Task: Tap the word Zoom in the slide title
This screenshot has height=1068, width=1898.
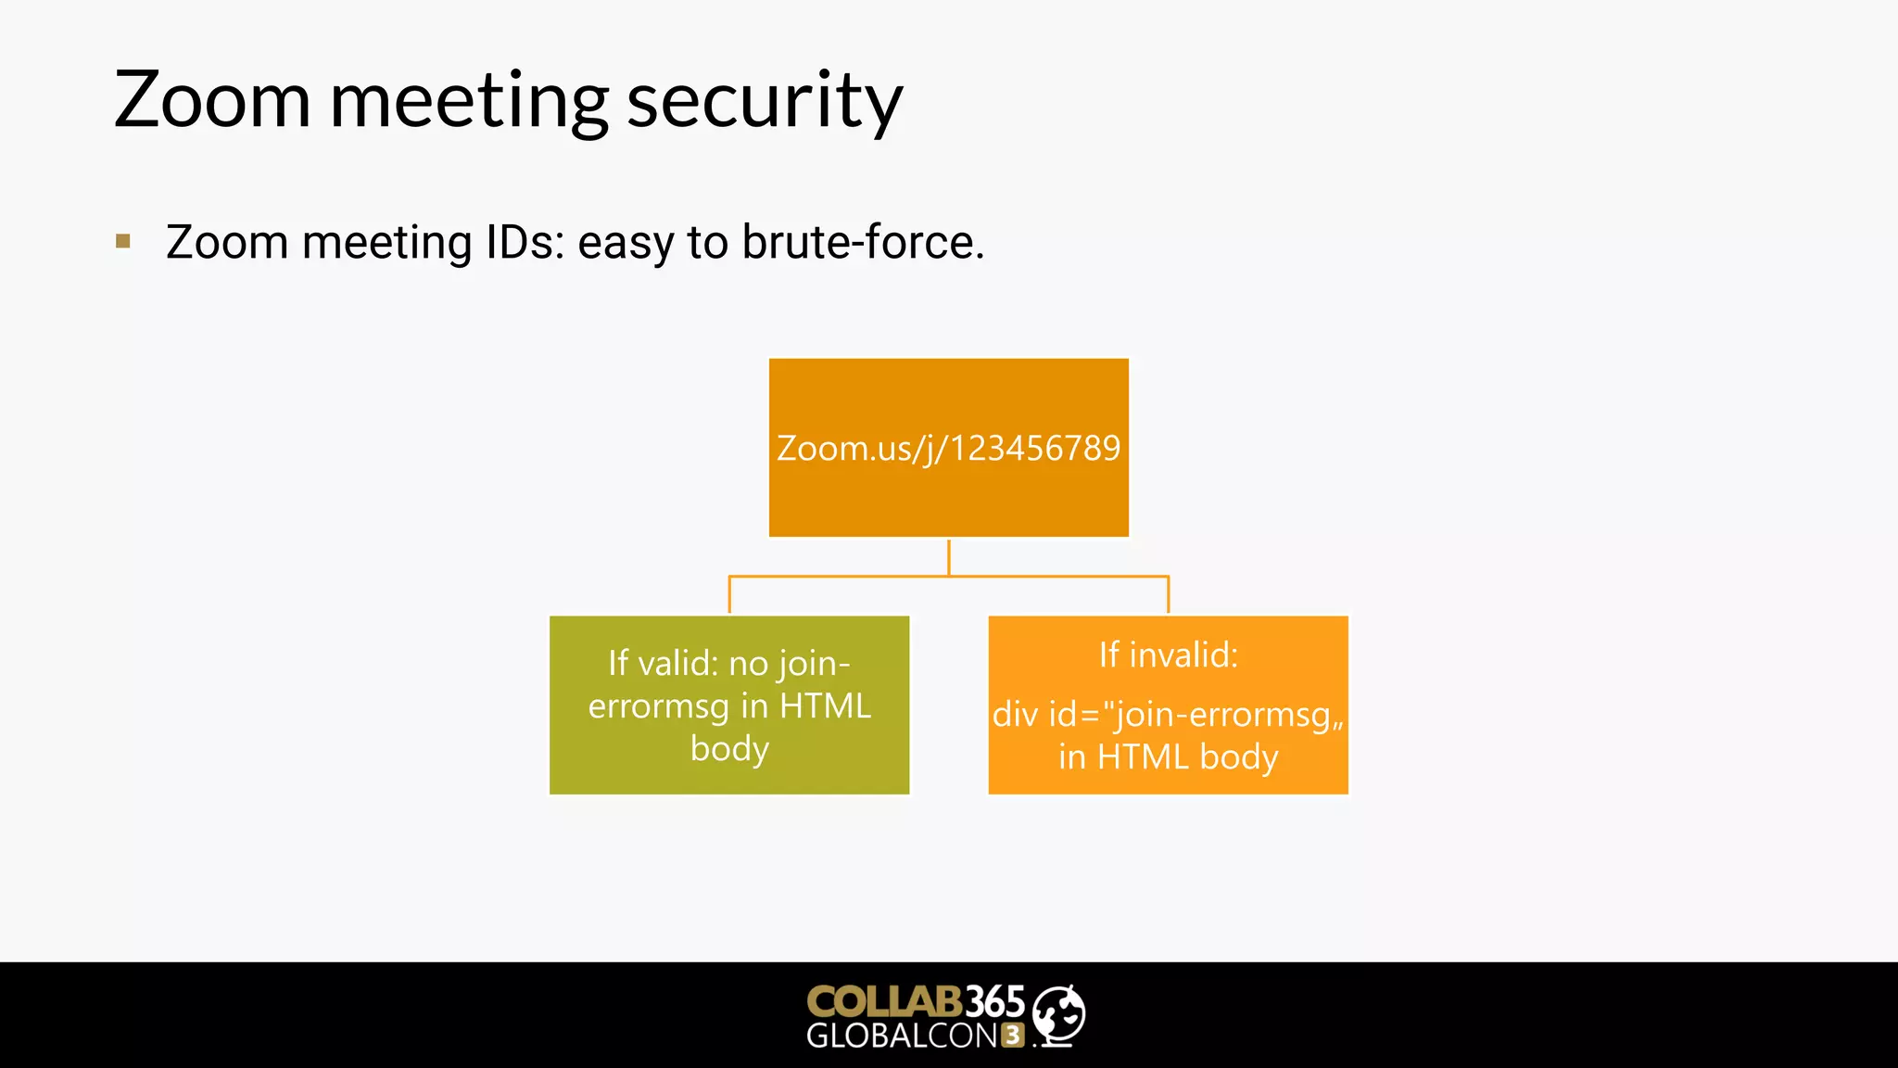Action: [x=212, y=100]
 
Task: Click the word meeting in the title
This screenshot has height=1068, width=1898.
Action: [x=469, y=102]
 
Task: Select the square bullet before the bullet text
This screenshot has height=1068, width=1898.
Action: [x=123, y=242]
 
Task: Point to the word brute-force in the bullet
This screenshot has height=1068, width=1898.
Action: [x=862, y=243]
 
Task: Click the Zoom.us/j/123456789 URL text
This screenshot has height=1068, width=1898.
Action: [x=948, y=449]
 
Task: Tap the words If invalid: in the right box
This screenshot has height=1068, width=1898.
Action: [x=1168, y=655]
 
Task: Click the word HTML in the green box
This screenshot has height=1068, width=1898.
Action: [x=825, y=706]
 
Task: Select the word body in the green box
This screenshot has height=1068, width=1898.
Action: [x=729, y=749]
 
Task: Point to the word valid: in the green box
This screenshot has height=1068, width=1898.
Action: [x=677, y=664]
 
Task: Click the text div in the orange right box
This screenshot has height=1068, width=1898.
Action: [x=1015, y=715]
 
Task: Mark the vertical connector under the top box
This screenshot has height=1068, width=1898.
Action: [x=948, y=556]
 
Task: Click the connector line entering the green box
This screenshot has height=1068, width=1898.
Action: [x=729, y=595]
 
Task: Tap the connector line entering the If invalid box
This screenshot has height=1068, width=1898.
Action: [x=1168, y=595]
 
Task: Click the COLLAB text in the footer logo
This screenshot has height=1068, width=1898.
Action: [x=884, y=1001]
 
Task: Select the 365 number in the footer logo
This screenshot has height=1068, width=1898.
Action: [x=995, y=1001]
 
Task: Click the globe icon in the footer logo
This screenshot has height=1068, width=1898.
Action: [x=1058, y=1015]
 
